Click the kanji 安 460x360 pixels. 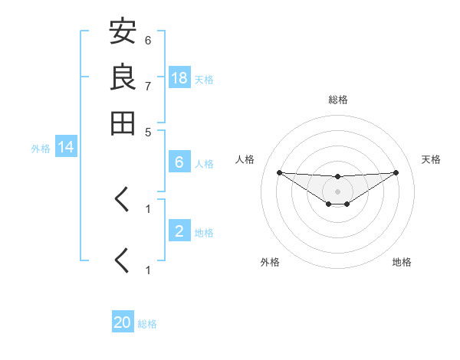point(123,32)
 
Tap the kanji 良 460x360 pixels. point(123,77)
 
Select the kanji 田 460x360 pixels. point(123,123)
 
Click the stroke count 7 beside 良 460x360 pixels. point(148,86)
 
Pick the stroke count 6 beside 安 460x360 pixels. point(148,40)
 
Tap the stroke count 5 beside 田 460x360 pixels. point(148,131)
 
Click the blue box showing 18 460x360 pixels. point(179,77)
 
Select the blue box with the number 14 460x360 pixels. point(66,147)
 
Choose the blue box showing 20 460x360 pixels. point(123,322)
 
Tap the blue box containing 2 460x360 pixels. point(179,231)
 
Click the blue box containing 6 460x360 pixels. point(179,162)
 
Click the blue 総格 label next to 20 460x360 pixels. point(148,324)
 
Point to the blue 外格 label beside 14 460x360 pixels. point(41,149)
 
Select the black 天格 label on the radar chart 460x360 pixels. point(431,159)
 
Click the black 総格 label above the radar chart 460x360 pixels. point(338,100)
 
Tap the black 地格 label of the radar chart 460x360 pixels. point(402,262)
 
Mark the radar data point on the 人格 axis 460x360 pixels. point(279,172)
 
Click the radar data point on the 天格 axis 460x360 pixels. point(396,172)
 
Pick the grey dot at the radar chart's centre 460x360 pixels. point(337,191)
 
